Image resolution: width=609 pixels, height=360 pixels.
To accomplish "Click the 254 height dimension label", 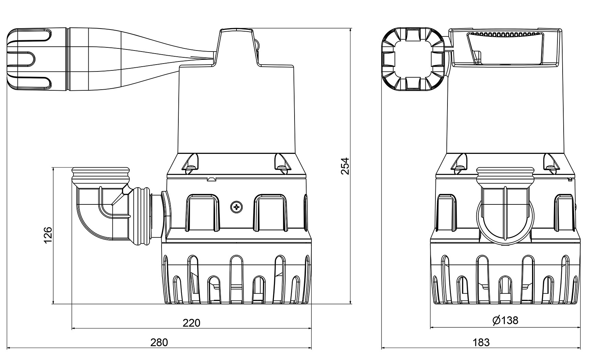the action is (x=345, y=166).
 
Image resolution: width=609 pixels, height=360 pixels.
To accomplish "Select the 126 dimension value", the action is (x=48, y=235).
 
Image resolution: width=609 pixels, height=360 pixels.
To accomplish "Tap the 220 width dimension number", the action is (x=191, y=323).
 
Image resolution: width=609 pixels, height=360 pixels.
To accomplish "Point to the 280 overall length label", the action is (x=159, y=342).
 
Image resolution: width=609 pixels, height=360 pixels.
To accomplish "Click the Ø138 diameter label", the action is (x=505, y=320).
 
